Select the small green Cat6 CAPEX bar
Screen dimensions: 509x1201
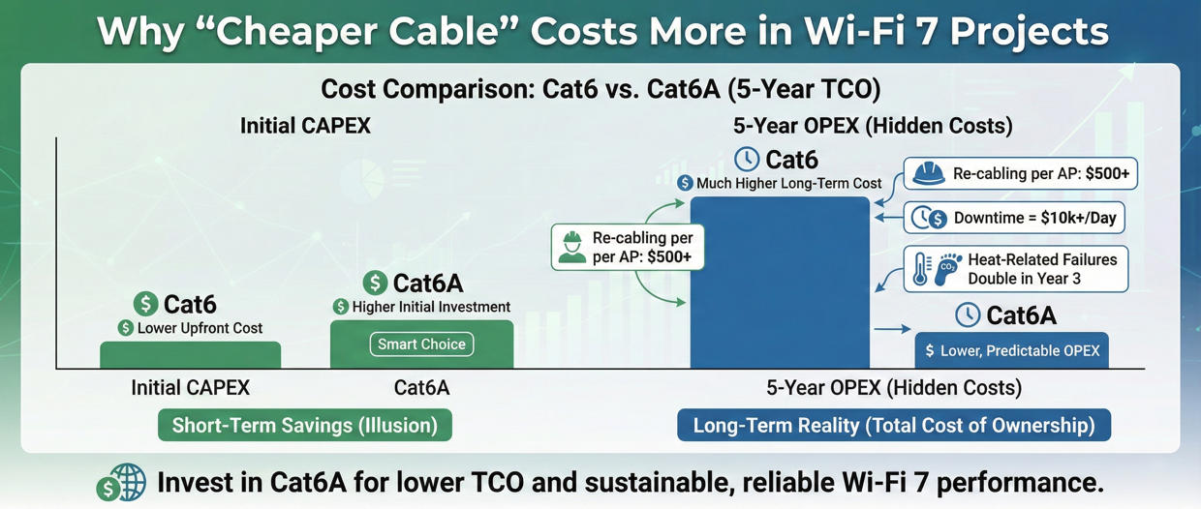pyautogui.click(x=190, y=355)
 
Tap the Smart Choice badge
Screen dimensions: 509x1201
pyautogui.click(x=421, y=344)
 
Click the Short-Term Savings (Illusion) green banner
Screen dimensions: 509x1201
pyautogui.click(x=304, y=426)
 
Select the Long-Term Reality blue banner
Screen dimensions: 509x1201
pyautogui.click(x=893, y=426)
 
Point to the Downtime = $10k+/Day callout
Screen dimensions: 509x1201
pyautogui.click(x=1014, y=219)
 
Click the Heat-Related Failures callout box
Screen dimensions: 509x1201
pyautogui.click(x=1016, y=269)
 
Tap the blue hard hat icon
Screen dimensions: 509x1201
pyautogui.click(x=929, y=175)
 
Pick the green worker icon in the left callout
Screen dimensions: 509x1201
pyautogui.click(x=572, y=248)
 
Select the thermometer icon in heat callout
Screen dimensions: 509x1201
pyautogui.click(x=921, y=269)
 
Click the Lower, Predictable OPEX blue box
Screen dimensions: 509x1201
pyautogui.click(x=1011, y=351)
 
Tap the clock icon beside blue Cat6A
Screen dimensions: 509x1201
pyautogui.click(x=967, y=314)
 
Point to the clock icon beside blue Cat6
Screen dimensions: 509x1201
pyautogui.click(x=746, y=159)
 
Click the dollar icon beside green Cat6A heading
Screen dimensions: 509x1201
pyautogui.click(x=375, y=283)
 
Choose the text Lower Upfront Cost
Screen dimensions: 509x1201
pyautogui.click(x=200, y=328)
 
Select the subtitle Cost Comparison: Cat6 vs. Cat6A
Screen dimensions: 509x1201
pyautogui.click(x=600, y=90)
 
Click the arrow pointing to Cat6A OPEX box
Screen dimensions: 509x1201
pyautogui.click(x=892, y=330)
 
